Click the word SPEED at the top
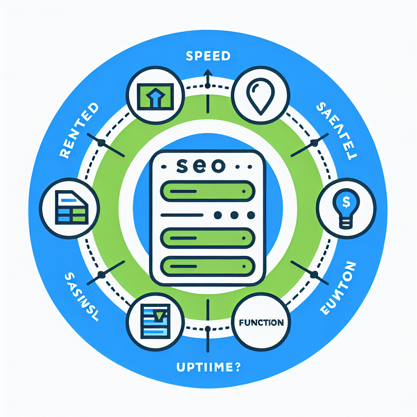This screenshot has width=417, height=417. click(x=208, y=56)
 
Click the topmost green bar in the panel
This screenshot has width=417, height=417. click(x=208, y=191)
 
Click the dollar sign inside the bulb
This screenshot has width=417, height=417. click(x=345, y=201)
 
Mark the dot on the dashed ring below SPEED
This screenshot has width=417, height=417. click(x=208, y=86)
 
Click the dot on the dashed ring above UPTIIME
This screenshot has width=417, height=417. click(x=208, y=328)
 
